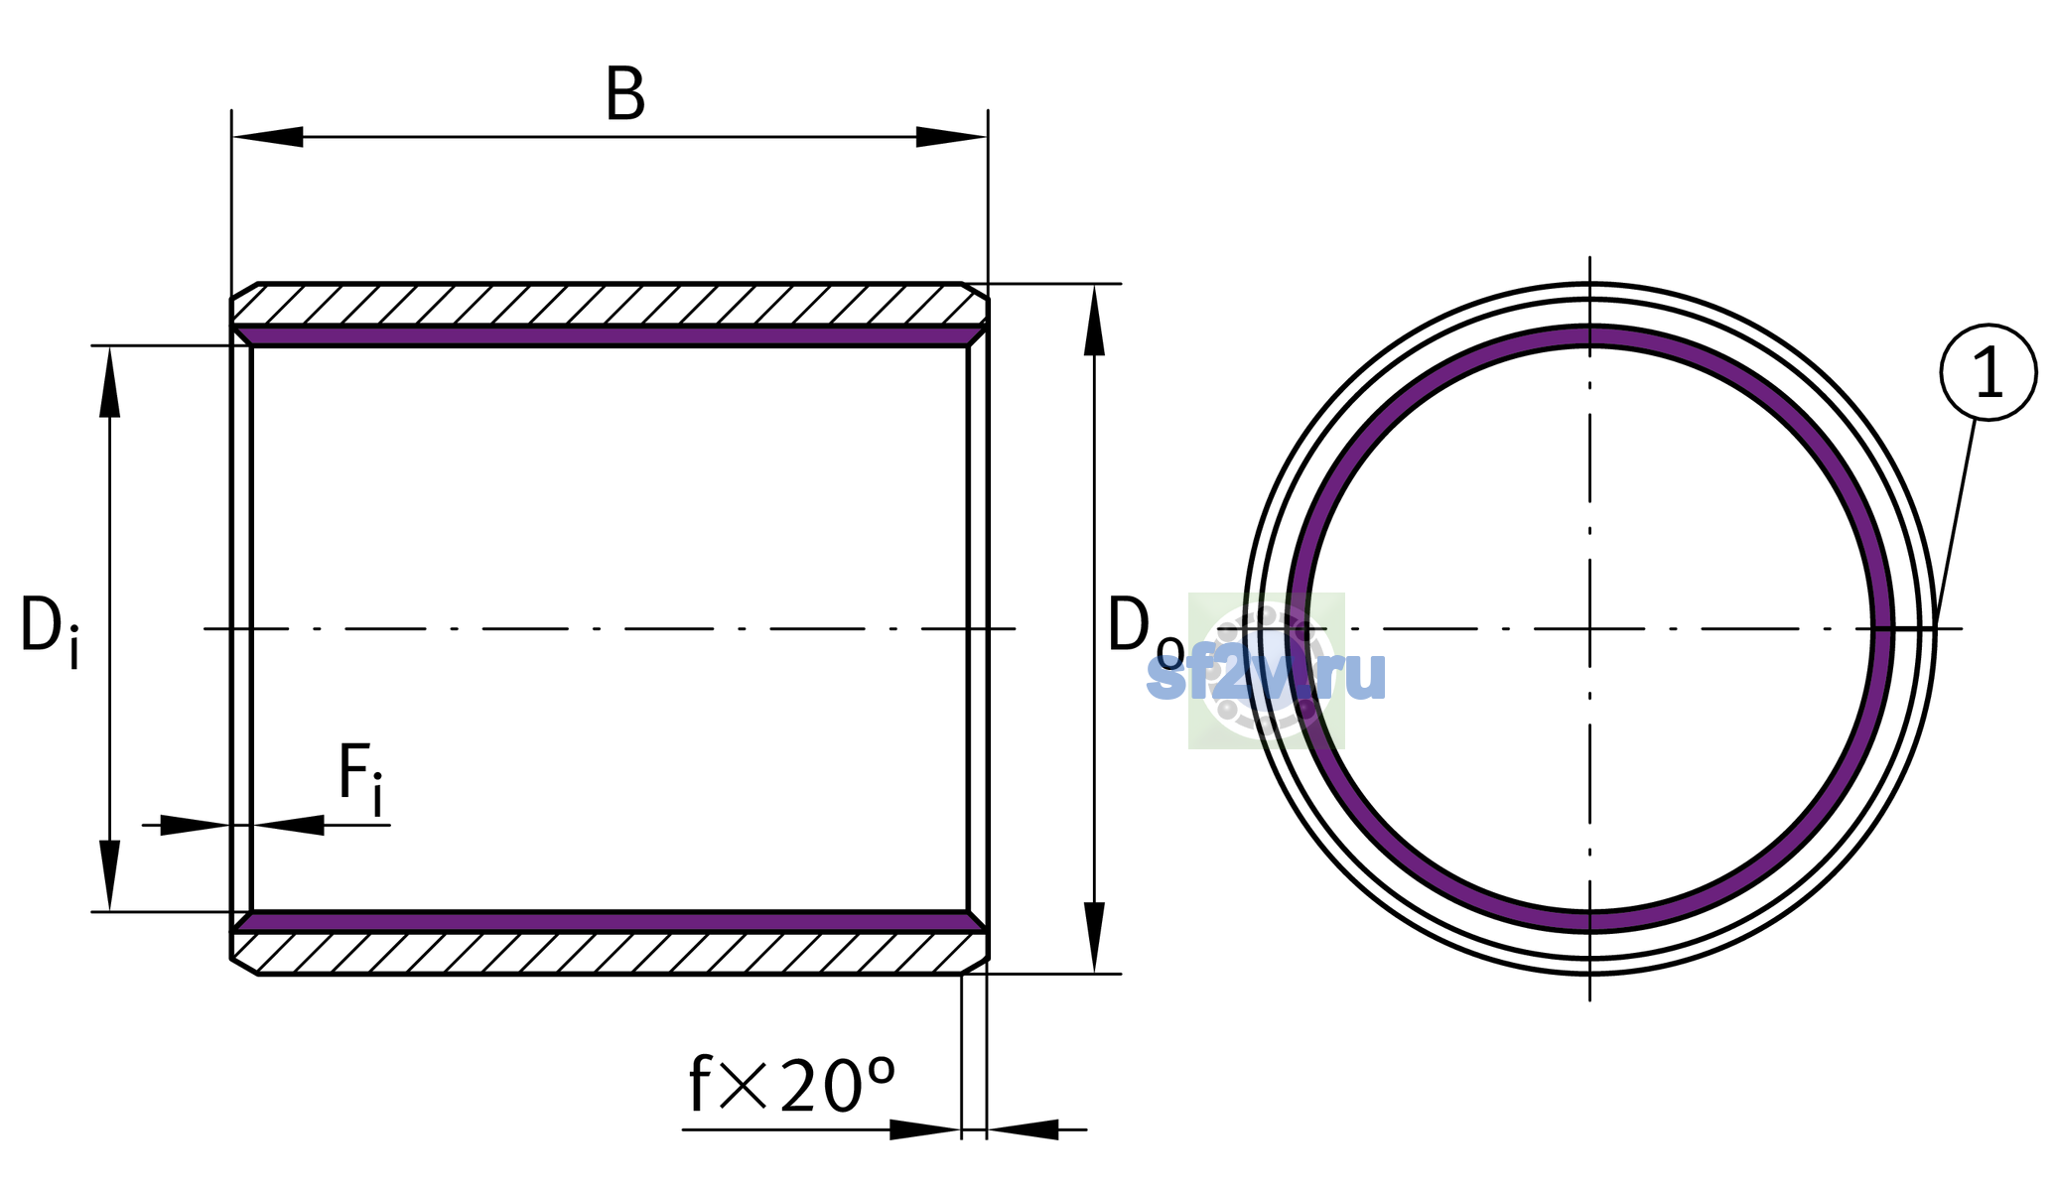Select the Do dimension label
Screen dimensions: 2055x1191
point(1146,627)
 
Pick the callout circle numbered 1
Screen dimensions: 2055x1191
point(1988,372)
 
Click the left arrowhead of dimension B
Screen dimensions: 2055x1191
point(268,137)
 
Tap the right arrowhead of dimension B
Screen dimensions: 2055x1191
point(951,137)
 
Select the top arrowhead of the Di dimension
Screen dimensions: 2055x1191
point(110,381)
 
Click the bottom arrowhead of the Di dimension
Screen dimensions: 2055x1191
point(110,875)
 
